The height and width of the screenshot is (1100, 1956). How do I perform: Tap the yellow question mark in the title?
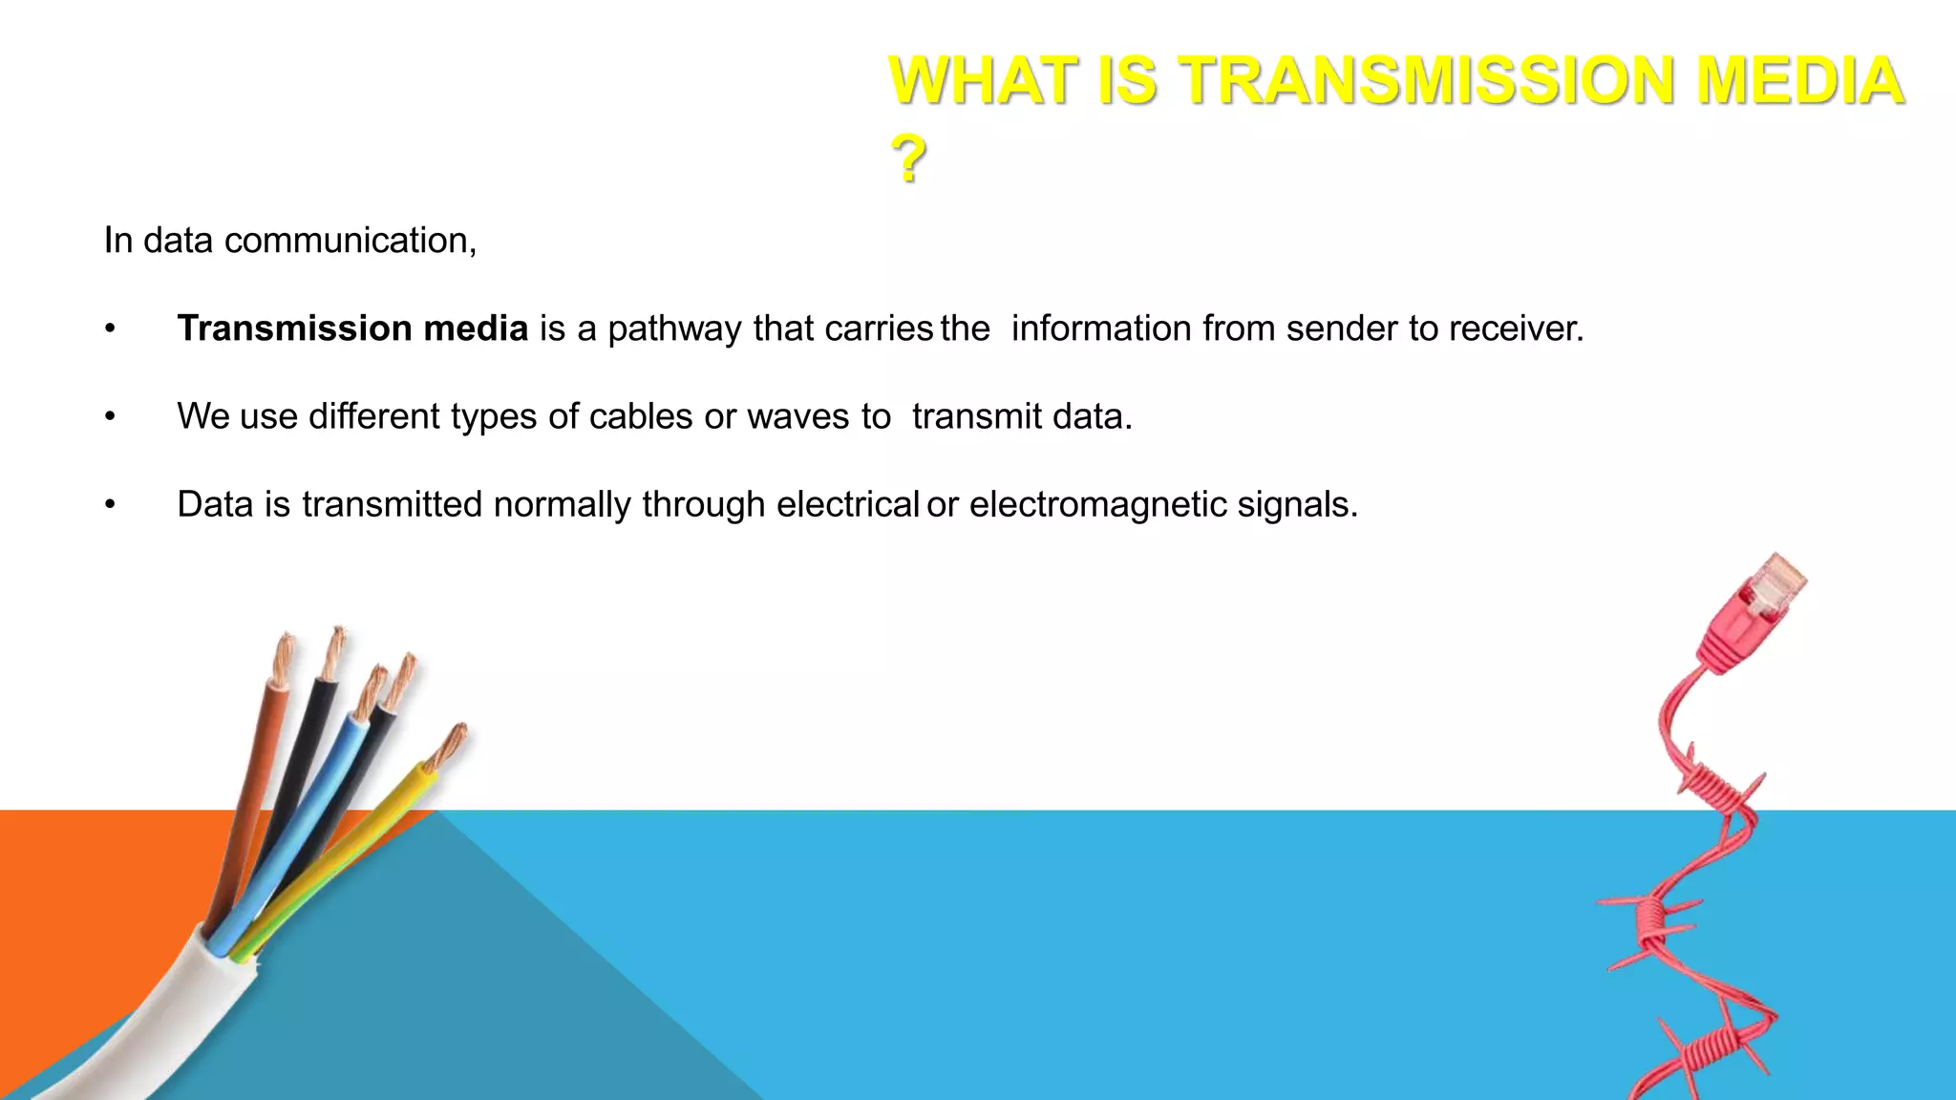point(908,159)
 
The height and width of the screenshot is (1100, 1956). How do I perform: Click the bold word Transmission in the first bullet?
point(295,328)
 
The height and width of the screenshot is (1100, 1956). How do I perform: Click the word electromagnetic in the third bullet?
point(1097,505)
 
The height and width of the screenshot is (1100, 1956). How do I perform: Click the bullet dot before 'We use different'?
point(111,416)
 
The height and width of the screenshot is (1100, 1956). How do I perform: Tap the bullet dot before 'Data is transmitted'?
point(111,504)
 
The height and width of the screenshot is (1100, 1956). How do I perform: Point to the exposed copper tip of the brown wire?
point(284,659)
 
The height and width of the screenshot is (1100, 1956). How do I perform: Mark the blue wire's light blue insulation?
point(306,821)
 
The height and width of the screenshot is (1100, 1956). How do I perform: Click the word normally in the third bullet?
point(562,505)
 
